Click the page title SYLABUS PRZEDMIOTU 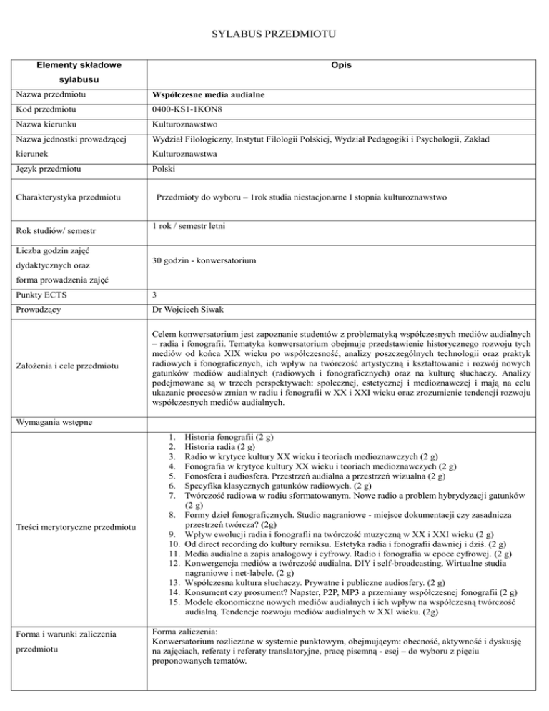click(x=274, y=34)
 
